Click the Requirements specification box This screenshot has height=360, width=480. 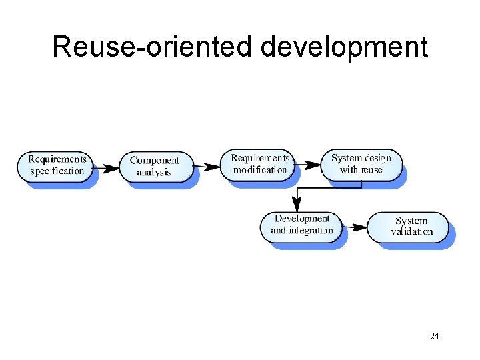tap(57, 165)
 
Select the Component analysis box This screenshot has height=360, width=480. tap(155, 166)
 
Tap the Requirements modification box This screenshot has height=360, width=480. tap(260, 164)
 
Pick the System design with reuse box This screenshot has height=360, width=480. tap(361, 164)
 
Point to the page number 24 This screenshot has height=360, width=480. tap(435, 336)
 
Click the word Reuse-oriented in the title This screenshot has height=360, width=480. tap(153, 47)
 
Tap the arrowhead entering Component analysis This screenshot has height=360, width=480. tap(113, 167)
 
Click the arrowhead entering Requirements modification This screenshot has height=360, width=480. tap(213, 166)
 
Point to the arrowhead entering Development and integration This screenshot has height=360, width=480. tap(295, 206)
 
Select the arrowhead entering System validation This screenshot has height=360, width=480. tap(361, 227)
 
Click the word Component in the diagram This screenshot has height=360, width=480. tap(155, 160)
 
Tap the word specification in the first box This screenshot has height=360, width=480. tap(57, 171)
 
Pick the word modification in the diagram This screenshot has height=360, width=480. tap(260, 170)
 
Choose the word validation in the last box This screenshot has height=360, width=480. tap(412, 232)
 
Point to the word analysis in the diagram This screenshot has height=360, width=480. tap(154, 172)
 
